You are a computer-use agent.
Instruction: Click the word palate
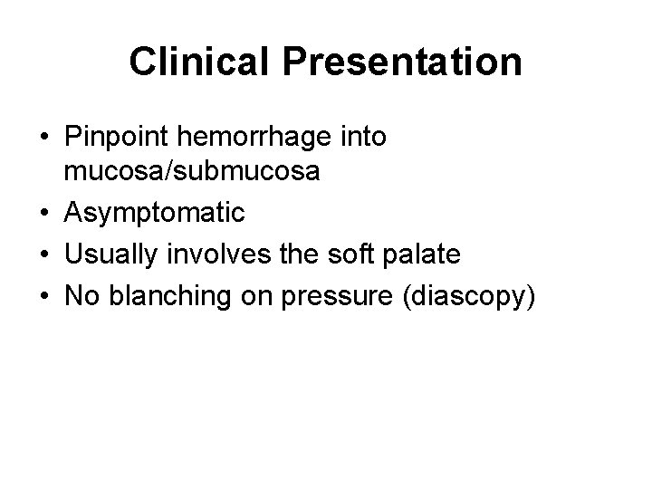(x=426, y=254)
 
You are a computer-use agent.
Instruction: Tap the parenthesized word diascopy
(x=469, y=296)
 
